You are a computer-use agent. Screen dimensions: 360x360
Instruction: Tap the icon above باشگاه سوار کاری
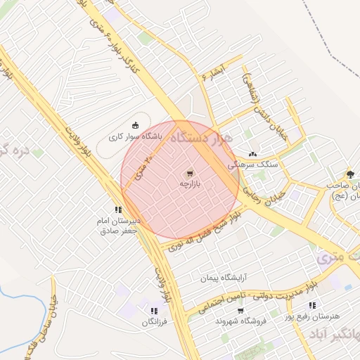point(136,125)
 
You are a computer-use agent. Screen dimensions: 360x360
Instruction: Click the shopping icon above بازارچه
point(190,173)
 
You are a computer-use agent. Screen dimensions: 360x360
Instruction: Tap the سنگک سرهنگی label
point(253,164)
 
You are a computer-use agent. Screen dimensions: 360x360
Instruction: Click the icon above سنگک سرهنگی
point(253,154)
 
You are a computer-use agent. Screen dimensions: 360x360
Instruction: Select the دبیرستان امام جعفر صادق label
point(119,225)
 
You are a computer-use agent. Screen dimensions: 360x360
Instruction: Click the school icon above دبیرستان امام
point(118,210)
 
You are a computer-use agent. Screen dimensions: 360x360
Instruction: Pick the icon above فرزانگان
point(153,311)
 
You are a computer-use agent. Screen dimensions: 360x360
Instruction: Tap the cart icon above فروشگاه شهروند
point(240,311)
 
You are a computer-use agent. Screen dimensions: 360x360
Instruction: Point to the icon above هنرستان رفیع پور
point(312,306)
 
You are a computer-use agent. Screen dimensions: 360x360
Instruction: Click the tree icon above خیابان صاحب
point(350,174)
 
